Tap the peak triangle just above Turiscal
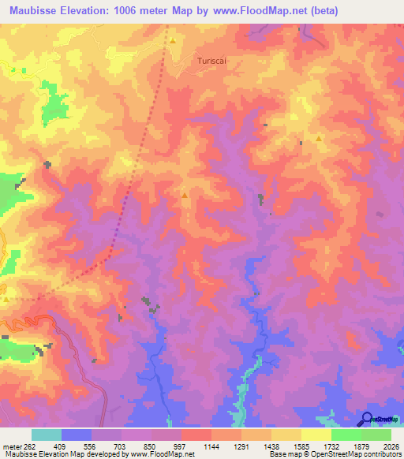(x=172, y=40)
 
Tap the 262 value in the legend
(x=32, y=446)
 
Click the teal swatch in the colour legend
(x=47, y=435)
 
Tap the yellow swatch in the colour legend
(x=316, y=435)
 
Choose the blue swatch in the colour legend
(x=77, y=435)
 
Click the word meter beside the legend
(x=11, y=446)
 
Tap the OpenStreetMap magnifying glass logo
(x=367, y=419)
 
